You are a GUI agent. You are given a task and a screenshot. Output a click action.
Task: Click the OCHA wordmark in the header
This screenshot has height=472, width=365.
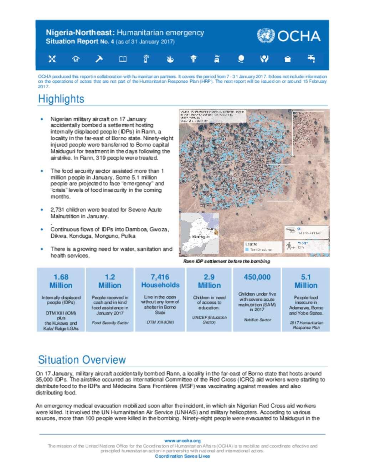[x=299, y=36]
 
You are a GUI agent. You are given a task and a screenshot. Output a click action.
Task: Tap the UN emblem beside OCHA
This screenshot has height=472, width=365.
[x=266, y=36]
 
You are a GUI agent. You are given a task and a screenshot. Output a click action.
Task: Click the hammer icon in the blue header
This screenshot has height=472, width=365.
[x=99, y=59]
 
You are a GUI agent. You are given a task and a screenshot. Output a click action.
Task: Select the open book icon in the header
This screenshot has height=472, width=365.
[x=123, y=59]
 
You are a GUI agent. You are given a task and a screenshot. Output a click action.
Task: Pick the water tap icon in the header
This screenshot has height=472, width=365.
[x=311, y=58]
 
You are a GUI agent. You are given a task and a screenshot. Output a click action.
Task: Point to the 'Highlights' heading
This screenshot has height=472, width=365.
[x=61, y=99]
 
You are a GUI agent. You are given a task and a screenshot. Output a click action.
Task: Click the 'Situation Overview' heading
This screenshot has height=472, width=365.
[x=82, y=360]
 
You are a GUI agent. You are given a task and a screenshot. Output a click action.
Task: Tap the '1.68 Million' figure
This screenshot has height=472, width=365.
[x=61, y=281]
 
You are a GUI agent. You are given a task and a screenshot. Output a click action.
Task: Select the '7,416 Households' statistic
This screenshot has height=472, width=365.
[x=160, y=281]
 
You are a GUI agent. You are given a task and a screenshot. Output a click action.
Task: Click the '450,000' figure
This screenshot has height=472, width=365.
[x=257, y=277]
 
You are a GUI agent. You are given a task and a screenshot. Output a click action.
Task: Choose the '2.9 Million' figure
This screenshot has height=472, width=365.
[x=209, y=281]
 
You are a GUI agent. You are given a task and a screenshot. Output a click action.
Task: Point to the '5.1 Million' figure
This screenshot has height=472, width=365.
[x=306, y=281]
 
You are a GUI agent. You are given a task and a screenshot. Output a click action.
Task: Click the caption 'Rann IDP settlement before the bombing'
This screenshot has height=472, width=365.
[x=226, y=261]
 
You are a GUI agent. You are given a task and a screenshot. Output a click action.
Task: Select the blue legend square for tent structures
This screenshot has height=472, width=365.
[x=247, y=250]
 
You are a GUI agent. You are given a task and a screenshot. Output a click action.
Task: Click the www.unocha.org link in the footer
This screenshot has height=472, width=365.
[x=182, y=441]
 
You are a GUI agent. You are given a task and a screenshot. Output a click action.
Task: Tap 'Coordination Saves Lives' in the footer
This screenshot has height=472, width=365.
[x=182, y=456]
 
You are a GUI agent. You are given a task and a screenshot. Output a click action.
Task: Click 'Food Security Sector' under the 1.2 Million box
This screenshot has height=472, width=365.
[x=110, y=323]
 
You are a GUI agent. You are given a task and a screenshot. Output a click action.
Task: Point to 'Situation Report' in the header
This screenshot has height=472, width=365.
[x=72, y=41]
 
